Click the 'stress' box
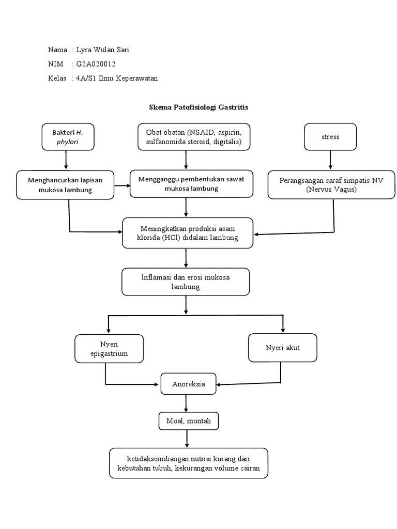tap(330, 137)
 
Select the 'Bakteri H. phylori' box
tap(67, 137)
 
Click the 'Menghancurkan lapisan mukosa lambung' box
tap(65, 184)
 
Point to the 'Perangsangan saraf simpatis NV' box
tap(331, 184)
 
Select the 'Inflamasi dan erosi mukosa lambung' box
tap(186, 282)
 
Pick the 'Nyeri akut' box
tap(283, 347)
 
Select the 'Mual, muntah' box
tap(188, 422)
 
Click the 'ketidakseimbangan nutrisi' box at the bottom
tap(189, 463)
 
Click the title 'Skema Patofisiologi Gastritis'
tap(198, 107)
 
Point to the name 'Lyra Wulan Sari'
tap(102, 50)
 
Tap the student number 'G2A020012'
tap(96, 64)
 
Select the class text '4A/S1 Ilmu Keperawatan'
tap(116, 78)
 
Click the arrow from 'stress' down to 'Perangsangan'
tap(330, 160)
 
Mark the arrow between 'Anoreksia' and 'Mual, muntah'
tap(187, 403)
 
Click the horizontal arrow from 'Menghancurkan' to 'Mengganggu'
tap(122, 184)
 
